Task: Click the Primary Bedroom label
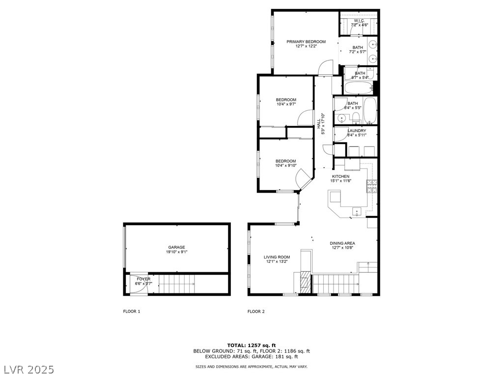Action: pyautogui.click(x=306, y=42)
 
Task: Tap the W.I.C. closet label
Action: pyautogui.click(x=358, y=21)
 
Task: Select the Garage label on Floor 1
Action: pyautogui.click(x=176, y=247)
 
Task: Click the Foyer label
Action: pyautogui.click(x=143, y=279)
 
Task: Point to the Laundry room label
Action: pyautogui.click(x=357, y=131)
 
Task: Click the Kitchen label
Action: pyautogui.click(x=340, y=176)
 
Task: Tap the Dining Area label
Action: pyautogui.click(x=342, y=243)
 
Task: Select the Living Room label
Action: pyautogui.click(x=277, y=257)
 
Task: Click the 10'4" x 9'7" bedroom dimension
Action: pyautogui.click(x=286, y=104)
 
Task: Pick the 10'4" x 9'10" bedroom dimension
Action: pyautogui.click(x=285, y=166)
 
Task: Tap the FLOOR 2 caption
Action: pyautogui.click(x=256, y=311)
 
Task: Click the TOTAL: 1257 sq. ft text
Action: pyautogui.click(x=251, y=345)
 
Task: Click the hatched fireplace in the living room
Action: pyautogui.click(x=306, y=283)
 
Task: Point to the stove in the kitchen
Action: pyautogui.click(x=372, y=186)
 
